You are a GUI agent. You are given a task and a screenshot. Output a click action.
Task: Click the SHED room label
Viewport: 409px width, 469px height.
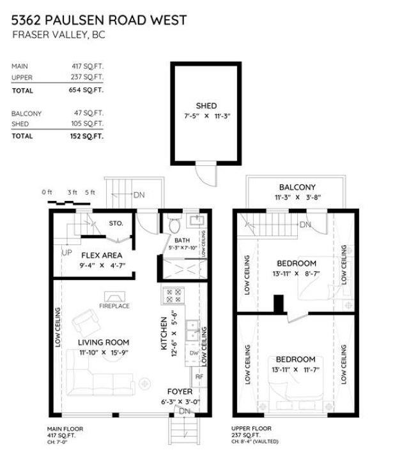[x=206, y=106]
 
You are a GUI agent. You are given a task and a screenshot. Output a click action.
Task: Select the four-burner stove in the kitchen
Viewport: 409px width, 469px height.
[x=173, y=295]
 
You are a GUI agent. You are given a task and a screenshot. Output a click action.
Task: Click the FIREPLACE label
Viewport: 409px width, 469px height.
[x=114, y=306]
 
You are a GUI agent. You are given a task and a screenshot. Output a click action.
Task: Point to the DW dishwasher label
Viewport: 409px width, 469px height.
[x=194, y=353]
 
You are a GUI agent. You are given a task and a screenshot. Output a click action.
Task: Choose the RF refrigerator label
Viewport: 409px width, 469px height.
[x=199, y=377]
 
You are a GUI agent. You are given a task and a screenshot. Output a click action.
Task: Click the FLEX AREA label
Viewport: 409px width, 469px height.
[x=102, y=255]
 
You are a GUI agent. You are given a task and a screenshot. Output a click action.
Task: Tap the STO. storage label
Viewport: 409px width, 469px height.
[x=116, y=223]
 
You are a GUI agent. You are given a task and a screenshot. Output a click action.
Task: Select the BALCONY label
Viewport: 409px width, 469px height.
[x=297, y=188]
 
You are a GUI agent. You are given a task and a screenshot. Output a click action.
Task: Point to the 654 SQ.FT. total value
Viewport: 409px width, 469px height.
[x=86, y=90]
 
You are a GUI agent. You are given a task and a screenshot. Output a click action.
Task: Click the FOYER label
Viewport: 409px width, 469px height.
[x=180, y=392]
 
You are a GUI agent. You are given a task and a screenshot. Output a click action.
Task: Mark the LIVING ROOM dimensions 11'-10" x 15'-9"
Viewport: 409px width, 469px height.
[x=104, y=353]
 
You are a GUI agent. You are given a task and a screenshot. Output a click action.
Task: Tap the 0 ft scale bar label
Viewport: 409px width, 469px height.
[x=47, y=192]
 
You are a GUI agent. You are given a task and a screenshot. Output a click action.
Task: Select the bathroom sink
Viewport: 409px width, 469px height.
[x=196, y=221]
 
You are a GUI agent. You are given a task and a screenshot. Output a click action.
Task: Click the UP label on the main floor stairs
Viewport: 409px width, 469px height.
[x=67, y=253]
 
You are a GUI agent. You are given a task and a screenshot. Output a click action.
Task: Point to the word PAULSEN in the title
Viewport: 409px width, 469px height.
[x=75, y=20]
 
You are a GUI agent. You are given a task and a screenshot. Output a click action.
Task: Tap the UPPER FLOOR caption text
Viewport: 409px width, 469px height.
[x=251, y=429]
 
